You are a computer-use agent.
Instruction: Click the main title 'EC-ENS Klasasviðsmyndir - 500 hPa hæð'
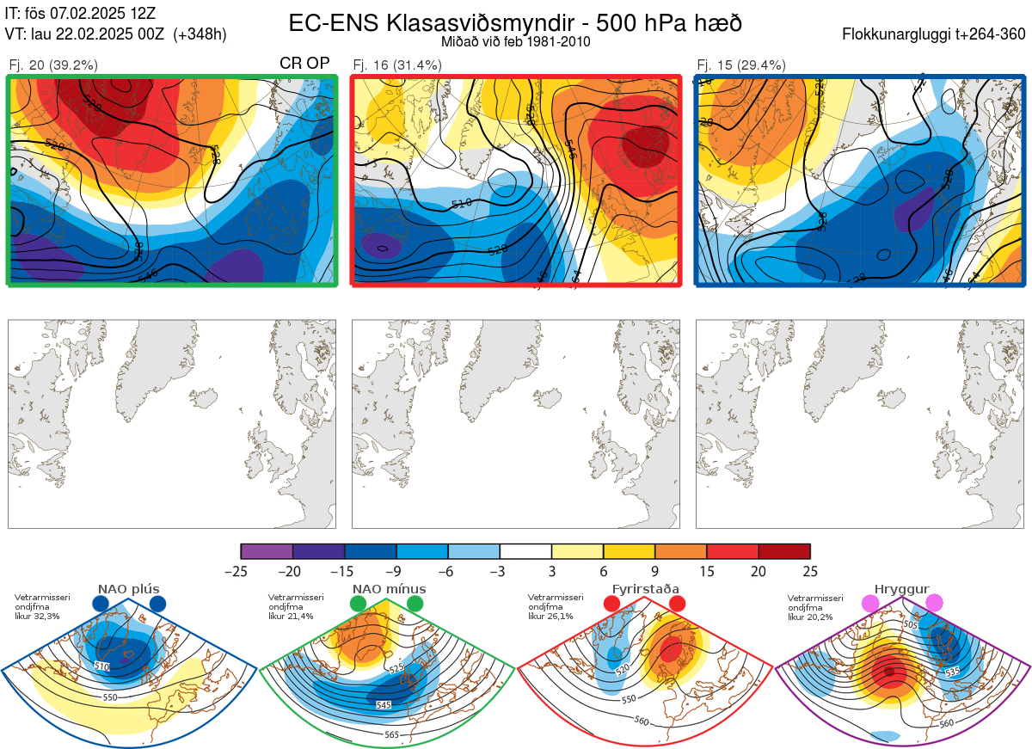515,23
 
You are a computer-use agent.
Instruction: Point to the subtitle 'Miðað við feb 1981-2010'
515,41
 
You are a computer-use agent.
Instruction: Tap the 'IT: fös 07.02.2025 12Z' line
80,13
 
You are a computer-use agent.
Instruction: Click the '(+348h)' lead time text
200,34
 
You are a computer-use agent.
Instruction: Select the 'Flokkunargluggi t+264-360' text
936,34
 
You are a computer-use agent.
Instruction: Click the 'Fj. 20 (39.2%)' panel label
53,64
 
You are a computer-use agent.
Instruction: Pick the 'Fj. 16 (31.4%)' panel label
397,64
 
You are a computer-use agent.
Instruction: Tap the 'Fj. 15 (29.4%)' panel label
741,64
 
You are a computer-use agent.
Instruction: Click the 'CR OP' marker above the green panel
304,64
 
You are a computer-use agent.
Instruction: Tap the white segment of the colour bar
525,551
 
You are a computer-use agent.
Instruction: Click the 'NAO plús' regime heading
128,589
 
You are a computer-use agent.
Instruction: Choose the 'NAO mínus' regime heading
389,589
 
